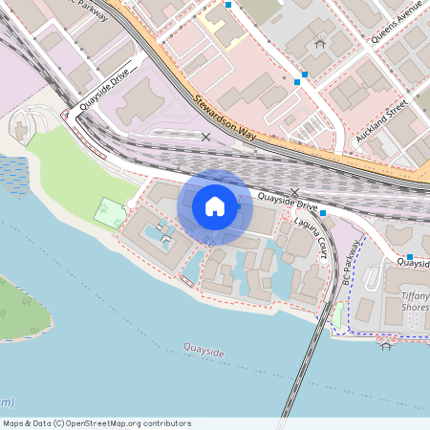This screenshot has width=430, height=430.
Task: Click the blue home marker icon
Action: (215, 206)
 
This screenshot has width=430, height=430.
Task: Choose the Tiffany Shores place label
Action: (415, 301)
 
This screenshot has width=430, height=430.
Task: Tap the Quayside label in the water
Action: (203, 353)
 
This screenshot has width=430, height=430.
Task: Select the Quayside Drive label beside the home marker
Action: (287, 202)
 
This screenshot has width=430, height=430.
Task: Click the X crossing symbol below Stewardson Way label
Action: (206, 138)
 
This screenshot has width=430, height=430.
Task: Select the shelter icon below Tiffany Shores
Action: (386, 345)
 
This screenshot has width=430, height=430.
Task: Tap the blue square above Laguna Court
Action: (324, 212)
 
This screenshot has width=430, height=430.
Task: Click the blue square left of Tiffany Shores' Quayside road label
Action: (409, 257)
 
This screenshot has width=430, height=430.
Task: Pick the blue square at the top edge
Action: (228, 5)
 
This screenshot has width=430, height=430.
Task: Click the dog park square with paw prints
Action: (108, 210)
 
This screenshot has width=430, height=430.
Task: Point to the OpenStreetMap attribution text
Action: (97, 423)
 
